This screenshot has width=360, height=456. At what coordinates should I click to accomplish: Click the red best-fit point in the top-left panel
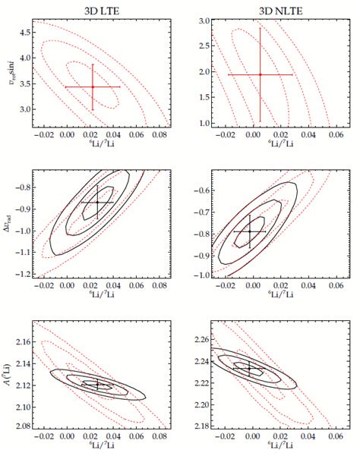pyautogui.click(x=93, y=86)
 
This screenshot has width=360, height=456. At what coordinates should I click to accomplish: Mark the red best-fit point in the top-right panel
pyautogui.click(x=260, y=74)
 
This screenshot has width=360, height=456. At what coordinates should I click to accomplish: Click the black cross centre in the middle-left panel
pyautogui.click(x=97, y=203)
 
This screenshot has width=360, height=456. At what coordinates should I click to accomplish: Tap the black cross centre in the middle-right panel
pyautogui.click(x=250, y=231)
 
